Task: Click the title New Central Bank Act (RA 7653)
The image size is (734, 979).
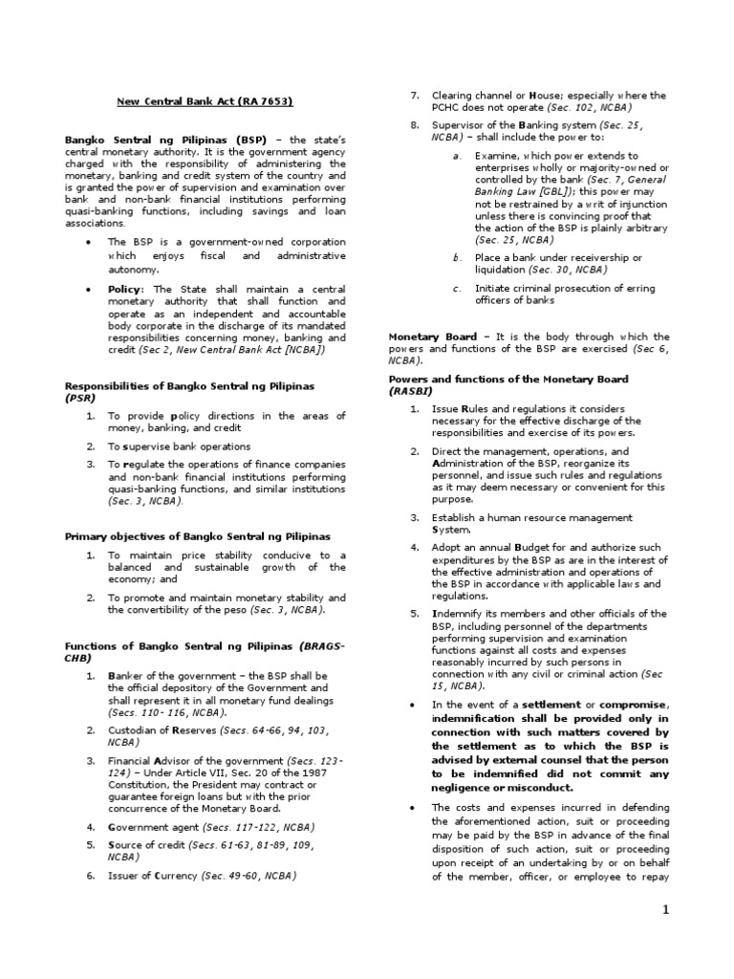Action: (205, 101)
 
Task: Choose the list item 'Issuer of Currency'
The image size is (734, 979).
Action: (156, 875)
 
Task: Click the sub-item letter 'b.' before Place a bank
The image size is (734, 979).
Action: (457, 257)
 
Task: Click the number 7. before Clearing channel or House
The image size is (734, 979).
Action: (415, 96)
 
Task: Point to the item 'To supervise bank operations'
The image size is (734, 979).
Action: (179, 446)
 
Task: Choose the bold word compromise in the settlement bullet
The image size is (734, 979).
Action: (618, 705)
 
